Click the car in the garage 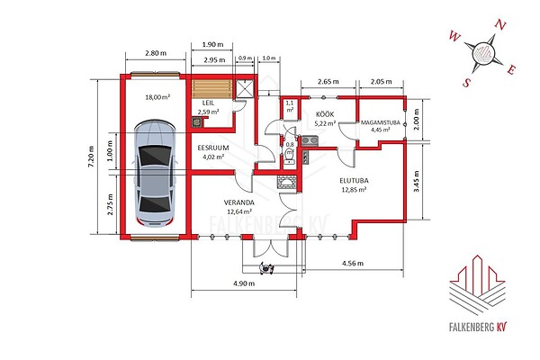(155, 174)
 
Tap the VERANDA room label (239, 202)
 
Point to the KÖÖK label (325, 114)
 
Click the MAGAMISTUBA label (380, 122)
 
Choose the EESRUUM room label (213, 148)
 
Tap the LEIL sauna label (208, 103)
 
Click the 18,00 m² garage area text (157, 97)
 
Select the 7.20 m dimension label (91, 157)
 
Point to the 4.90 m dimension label (244, 283)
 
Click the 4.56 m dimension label (353, 264)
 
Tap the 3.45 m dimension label (416, 181)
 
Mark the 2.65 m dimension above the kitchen (328, 82)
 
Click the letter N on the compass (500, 26)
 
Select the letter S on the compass (466, 83)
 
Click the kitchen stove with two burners (310, 141)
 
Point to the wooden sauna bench (211, 89)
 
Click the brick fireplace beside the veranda (286, 182)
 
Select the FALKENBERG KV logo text (479, 327)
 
